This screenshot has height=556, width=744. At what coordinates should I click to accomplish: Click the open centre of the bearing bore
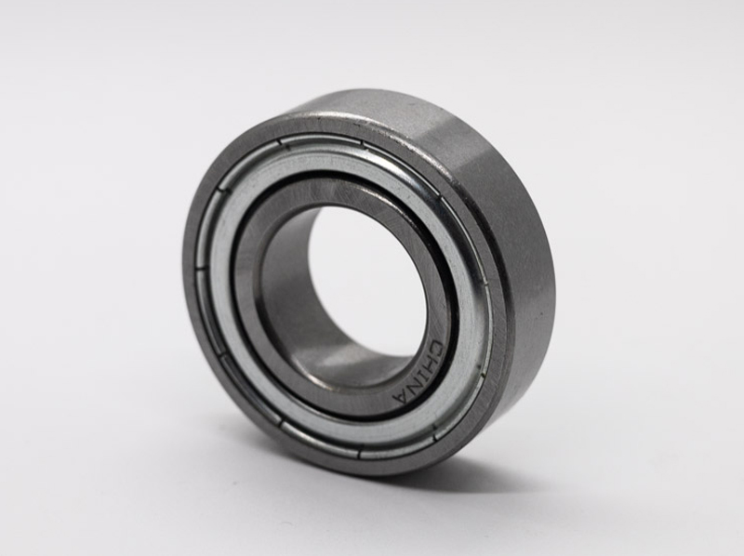click(x=358, y=279)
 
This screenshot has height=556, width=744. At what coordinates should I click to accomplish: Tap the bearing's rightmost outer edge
click(x=554, y=270)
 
